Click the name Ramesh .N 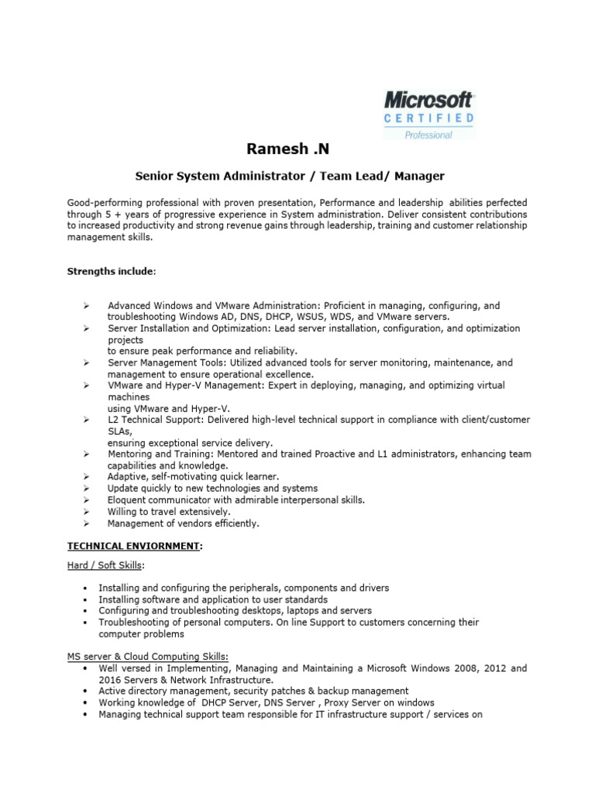[x=282, y=149]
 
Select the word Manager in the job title [x=418, y=176]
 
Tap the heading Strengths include [x=111, y=272]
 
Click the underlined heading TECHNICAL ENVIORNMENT [x=133, y=546]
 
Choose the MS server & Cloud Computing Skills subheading [x=147, y=657]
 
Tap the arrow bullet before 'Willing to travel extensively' [x=86, y=512]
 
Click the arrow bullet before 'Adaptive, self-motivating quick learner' [x=86, y=477]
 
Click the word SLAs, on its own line [x=120, y=431]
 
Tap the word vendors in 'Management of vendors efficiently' [x=187, y=524]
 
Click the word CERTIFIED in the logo [x=429, y=118]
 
